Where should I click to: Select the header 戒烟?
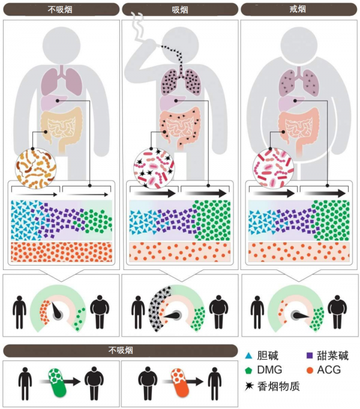click(298, 10)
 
